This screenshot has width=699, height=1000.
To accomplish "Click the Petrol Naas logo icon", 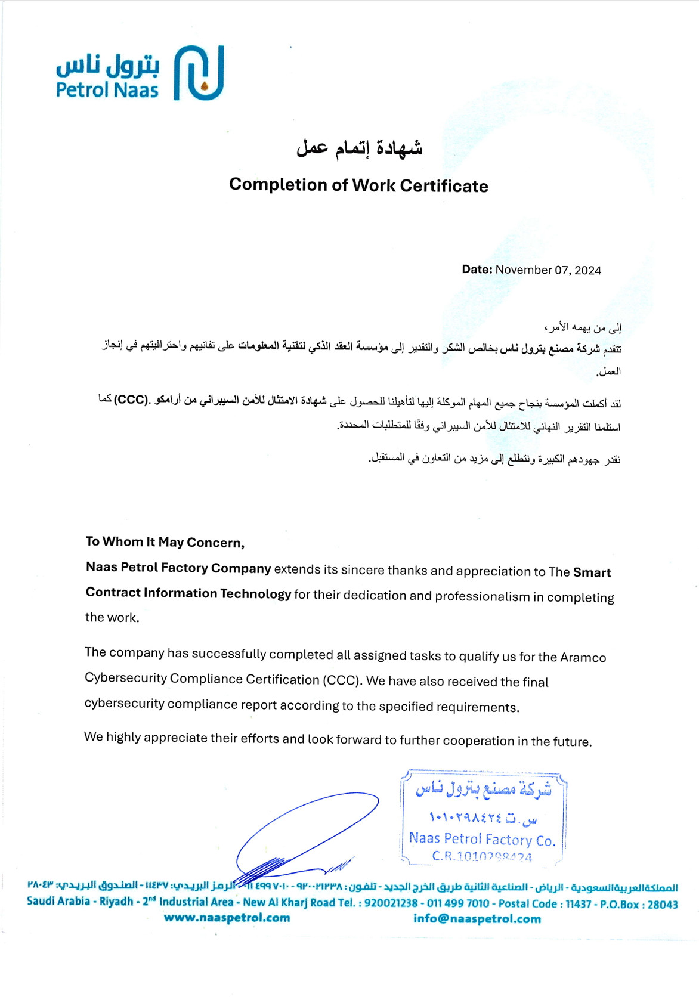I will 199,72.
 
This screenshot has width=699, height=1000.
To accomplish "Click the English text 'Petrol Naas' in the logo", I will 107,90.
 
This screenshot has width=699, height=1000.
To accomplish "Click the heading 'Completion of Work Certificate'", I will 358,185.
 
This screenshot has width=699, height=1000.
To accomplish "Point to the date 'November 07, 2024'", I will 548,270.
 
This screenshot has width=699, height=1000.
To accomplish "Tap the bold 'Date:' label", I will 477,270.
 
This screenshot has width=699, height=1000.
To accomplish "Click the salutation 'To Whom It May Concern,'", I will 165,542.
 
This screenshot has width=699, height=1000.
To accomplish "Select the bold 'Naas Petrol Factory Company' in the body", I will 178,568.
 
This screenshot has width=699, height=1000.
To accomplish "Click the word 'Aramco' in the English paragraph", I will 583,657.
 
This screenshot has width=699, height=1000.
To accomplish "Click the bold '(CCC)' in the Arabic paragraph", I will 131,399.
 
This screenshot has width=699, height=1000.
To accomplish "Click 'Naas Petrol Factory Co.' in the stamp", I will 482,839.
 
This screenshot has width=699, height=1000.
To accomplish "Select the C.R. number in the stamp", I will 482,857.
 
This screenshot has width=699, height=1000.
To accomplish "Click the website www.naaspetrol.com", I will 227,918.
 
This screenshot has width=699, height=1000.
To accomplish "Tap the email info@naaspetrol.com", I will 477,919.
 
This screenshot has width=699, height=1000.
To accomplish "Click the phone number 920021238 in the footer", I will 391,903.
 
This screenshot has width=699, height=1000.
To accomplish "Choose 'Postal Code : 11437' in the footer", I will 545,904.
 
